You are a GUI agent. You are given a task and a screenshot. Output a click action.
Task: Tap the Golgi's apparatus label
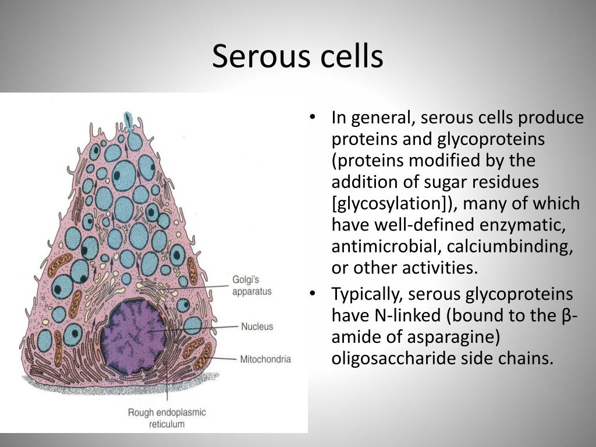[x=251, y=286]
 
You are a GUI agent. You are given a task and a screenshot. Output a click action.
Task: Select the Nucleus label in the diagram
[x=257, y=327]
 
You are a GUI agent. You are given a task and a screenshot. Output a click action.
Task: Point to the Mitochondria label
[x=265, y=359]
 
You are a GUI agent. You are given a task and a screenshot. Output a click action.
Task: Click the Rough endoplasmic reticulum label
[x=166, y=418]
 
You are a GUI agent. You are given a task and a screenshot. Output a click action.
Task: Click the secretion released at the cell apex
[x=129, y=120]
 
